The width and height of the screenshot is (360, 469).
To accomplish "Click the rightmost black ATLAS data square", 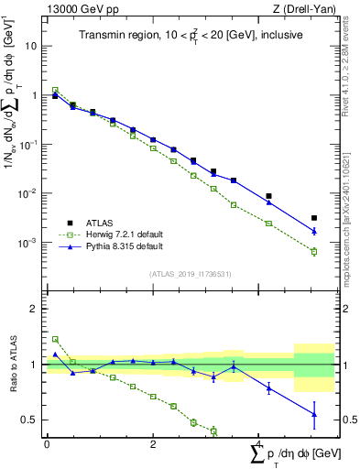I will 314,218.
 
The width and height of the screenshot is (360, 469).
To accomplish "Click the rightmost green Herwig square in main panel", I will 314,251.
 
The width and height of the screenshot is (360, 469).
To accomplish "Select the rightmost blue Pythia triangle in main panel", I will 314,232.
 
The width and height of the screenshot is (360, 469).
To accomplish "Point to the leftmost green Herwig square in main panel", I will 55,90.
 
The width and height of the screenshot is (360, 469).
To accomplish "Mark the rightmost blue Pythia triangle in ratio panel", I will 314,414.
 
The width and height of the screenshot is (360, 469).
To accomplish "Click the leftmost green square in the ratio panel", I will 55,339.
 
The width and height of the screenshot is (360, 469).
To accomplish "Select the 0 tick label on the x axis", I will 47,443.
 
